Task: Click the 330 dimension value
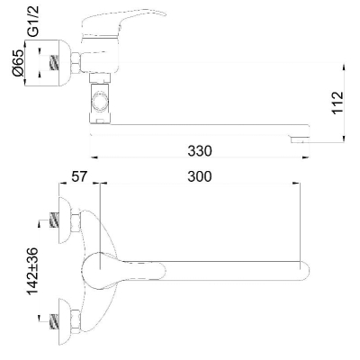200,150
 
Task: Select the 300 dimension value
200,176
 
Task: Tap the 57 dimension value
79,176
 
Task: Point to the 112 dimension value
337,103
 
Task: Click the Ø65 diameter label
18,63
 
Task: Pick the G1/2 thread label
33,22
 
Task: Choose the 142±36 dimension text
32,271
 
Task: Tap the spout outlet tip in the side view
300,140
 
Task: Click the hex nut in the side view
76,63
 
